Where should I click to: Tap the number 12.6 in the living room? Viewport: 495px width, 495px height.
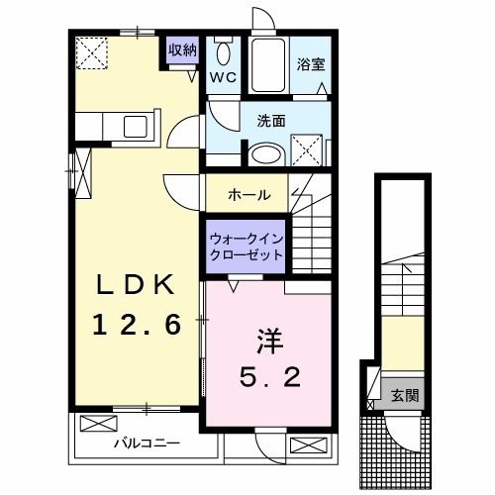pos(138,323)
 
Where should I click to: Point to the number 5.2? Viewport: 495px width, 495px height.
pos(268,376)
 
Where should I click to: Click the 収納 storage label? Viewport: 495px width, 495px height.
pos(181,50)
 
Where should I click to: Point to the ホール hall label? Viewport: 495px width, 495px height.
pos(248,195)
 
